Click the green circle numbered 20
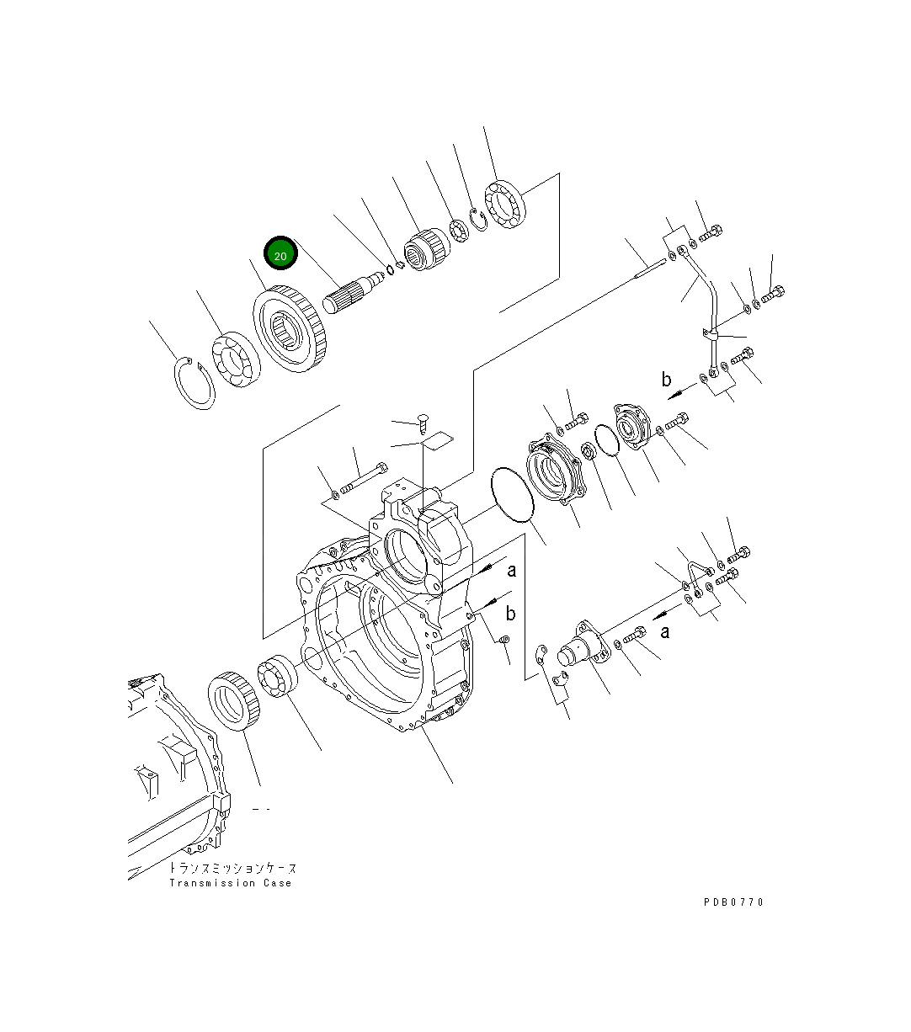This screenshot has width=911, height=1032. click(x=281, y=254)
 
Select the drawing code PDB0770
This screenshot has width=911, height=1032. click(x=733, y=902)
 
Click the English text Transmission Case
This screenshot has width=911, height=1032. click(x=230, y=883)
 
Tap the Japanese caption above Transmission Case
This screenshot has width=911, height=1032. click(x=232, y=868)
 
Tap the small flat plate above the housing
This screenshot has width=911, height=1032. click(x=436, y=440)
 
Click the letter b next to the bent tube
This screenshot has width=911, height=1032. click(x=666, y=380)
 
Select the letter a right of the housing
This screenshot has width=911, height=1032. click(x=511, y=571)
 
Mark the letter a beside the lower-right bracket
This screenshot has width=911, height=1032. click(x=665, y=631)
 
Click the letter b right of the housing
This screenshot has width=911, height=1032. click(x=510, y=614)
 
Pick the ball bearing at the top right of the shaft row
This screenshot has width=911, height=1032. click(x=503, y=205)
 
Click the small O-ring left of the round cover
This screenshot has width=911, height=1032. click(x=605, y=439)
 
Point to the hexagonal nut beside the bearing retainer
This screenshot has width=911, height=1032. click(x=590, y=452)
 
